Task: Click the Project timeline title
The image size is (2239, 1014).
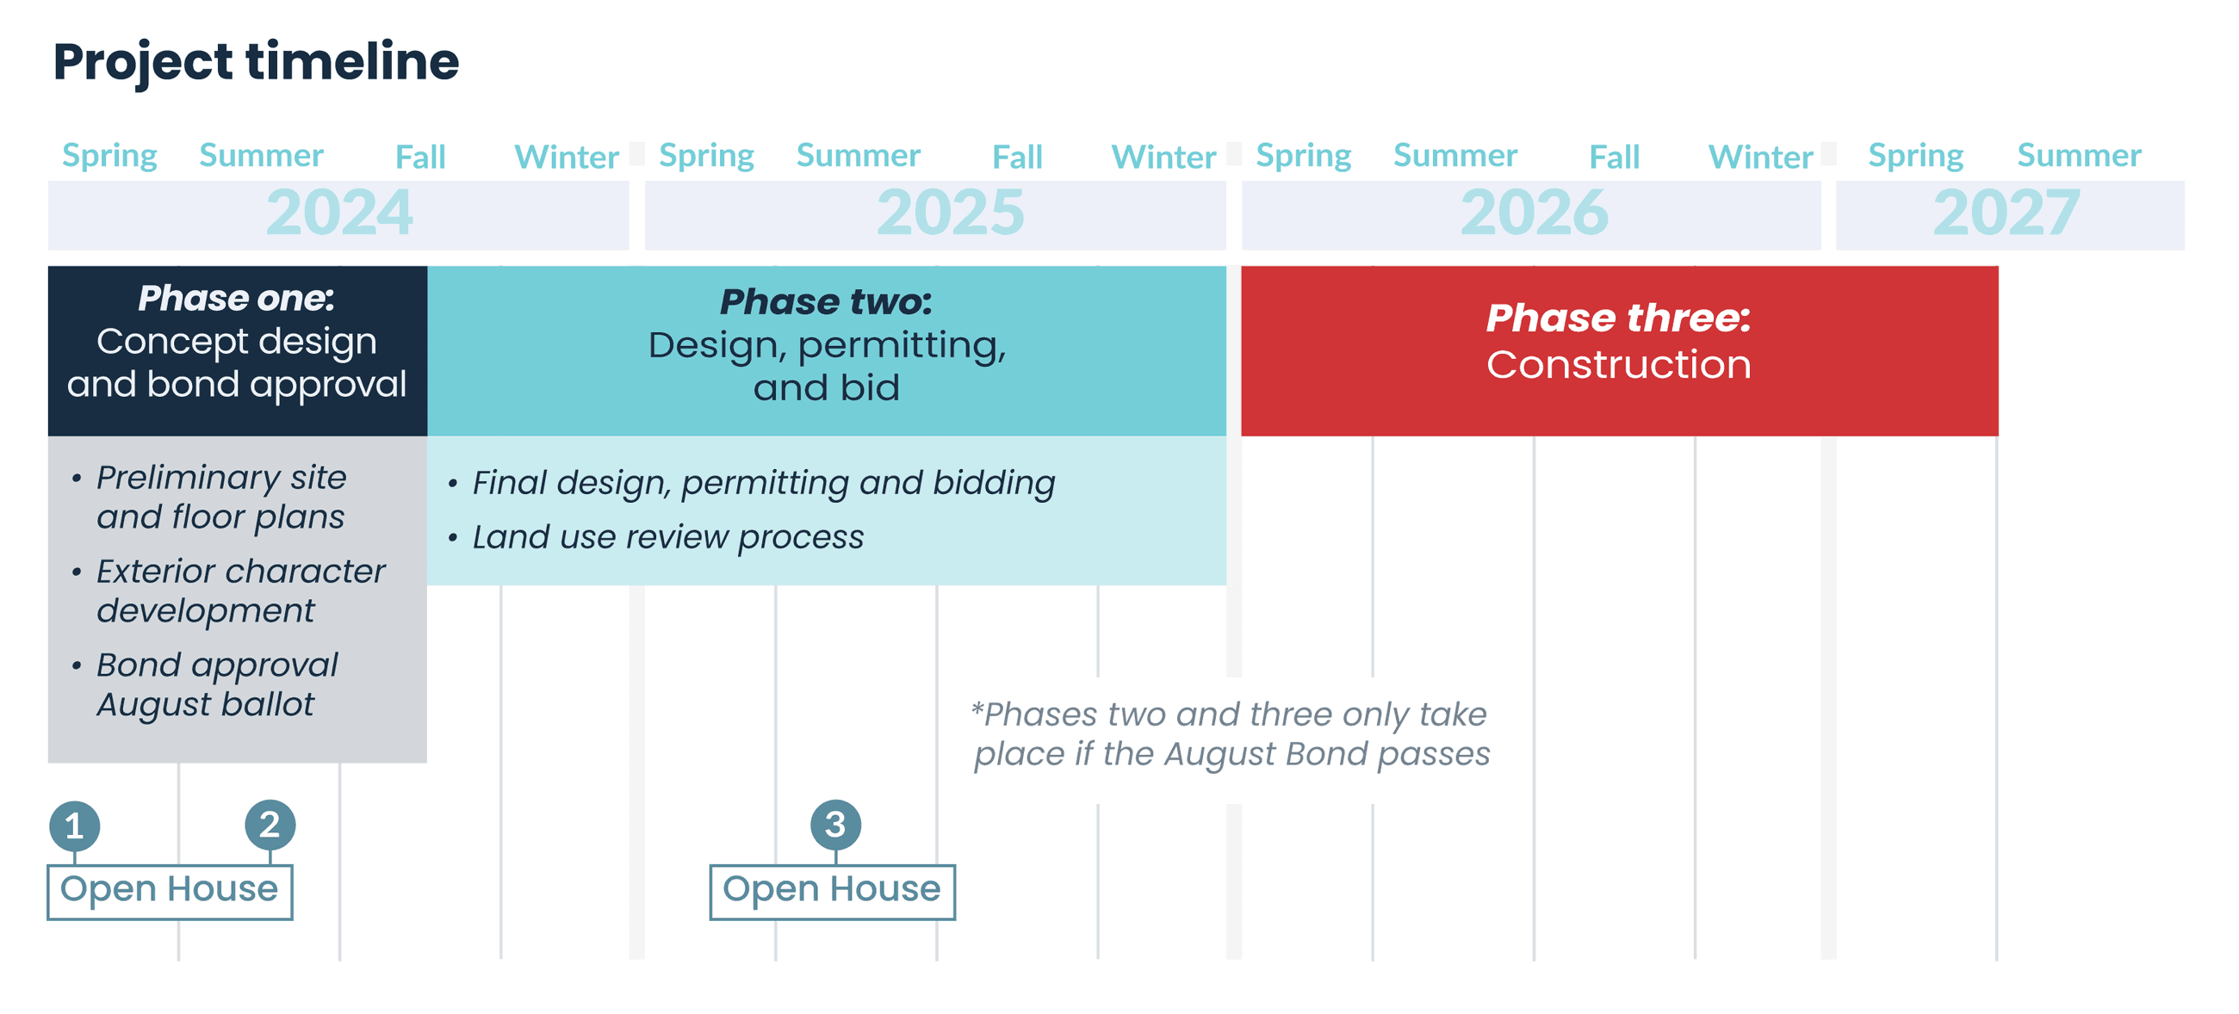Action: pyautogui.click(x=256, y=62)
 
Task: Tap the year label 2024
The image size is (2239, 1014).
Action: pyautogui.click(x=339, y=213)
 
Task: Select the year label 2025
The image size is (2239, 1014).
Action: pyautogui.click(x=950, y=213)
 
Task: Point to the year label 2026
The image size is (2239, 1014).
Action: pyautogui.click(x=1534, y=213)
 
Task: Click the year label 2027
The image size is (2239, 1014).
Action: pyautogui.click(x=2006, y=213)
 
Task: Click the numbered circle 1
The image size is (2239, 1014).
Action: pyautogui.click(x=75, y=825)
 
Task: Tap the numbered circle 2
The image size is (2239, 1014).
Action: pyautogui.click(x=270, y=824)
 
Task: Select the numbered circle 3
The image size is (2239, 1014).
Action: pyautogui.click(x=835, y=824)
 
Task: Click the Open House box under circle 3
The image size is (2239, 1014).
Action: pyautogui.click(x=832, y=891)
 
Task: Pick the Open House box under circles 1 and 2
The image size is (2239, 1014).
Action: pyautogui.click(x=170, y=891)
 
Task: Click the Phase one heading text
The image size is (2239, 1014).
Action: pyautogui.click(x=237, y=299)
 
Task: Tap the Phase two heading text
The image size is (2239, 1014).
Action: pyautogui.click(x=826, y=302)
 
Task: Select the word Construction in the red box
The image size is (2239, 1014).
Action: pyautogui.click(x=1618, y=365)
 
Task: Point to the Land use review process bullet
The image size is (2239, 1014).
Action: pyautogui.click(x=667, y=538)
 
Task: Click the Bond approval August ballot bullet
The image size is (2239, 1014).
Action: pyautogui.click(x=215, y=684)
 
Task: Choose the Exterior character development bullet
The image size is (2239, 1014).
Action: pyautogui.click(x=240, y=590)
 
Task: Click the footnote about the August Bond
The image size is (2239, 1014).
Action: pyautogui.click(x=1230, y=734)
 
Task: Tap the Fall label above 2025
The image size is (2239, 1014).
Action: pyautogui.click(x=1017, y=158)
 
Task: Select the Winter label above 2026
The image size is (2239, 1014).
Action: pyautogui.click(x=1760, y=158)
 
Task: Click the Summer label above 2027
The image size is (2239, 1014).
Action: pyautogui.click(x=2078, y=156)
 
